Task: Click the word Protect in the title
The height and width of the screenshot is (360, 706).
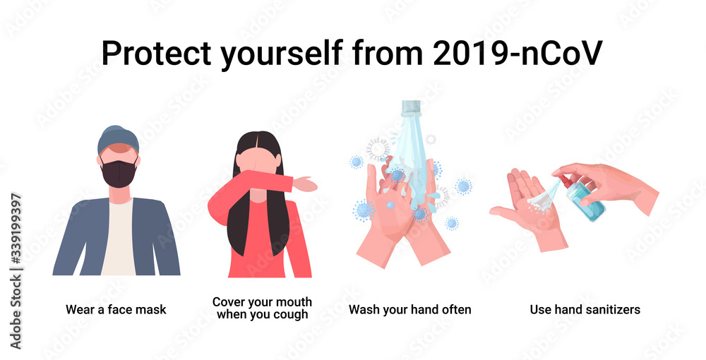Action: click(x=156, y=53)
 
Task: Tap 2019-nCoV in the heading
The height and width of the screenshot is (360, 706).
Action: click(x=517, y=53)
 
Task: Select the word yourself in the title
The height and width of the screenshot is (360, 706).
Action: click(x=282, y=54)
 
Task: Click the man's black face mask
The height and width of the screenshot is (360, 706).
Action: click(x=118, y=174)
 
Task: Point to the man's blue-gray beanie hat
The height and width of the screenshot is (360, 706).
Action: click(x=118, y=138)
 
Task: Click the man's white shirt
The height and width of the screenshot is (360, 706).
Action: click(x=118, y=239)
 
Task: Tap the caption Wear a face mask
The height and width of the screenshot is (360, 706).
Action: click(x=116, y=310)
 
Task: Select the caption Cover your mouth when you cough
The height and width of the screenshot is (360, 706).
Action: click(x=262, y=308)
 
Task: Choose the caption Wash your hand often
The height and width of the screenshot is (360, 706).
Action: click(x=409, y=310)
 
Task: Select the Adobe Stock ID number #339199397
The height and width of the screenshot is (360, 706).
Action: click(x=16, y=229)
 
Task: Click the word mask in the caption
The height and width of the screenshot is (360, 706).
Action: click(x=150, y=310)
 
